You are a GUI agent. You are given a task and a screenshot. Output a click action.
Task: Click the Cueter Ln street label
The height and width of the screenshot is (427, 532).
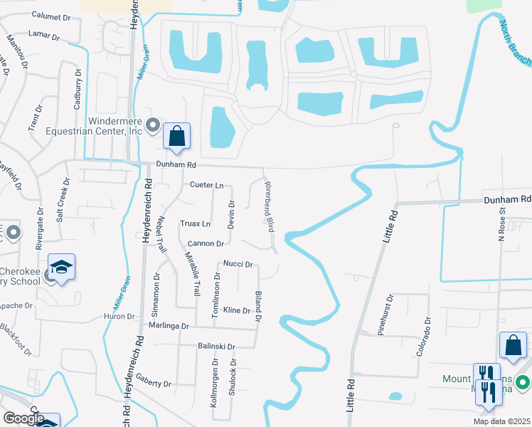coord(206,185)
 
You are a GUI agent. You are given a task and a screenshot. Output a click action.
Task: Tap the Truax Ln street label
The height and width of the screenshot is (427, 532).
coord(195,223)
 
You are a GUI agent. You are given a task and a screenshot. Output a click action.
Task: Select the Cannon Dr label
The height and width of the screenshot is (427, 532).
coord(206,243)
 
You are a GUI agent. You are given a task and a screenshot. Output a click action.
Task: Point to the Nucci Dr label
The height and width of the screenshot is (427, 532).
coord(238,264)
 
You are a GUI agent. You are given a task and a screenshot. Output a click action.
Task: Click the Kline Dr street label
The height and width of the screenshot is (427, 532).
coord(237,310)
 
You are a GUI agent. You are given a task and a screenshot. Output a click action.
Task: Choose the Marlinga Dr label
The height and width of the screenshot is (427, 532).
coord(169,326)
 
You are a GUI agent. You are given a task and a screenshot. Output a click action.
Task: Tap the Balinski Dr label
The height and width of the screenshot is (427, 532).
coord(216,347)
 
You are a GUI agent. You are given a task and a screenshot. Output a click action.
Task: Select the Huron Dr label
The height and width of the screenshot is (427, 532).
coord(119,316)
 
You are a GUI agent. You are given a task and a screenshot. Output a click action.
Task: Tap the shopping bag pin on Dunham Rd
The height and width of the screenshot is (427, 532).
coord(176,136)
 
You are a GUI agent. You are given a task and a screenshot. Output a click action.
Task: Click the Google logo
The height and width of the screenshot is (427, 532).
coord(23,418)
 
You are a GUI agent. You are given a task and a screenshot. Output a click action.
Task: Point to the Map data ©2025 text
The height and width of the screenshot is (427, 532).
coord(501,421)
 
